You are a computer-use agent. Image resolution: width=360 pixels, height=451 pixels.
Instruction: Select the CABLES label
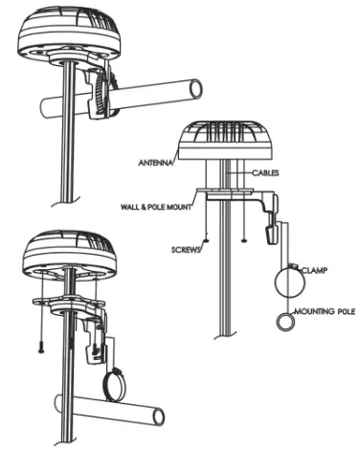coord(263,174)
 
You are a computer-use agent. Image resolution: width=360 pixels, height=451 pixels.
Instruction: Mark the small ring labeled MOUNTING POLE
coord(285,323)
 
